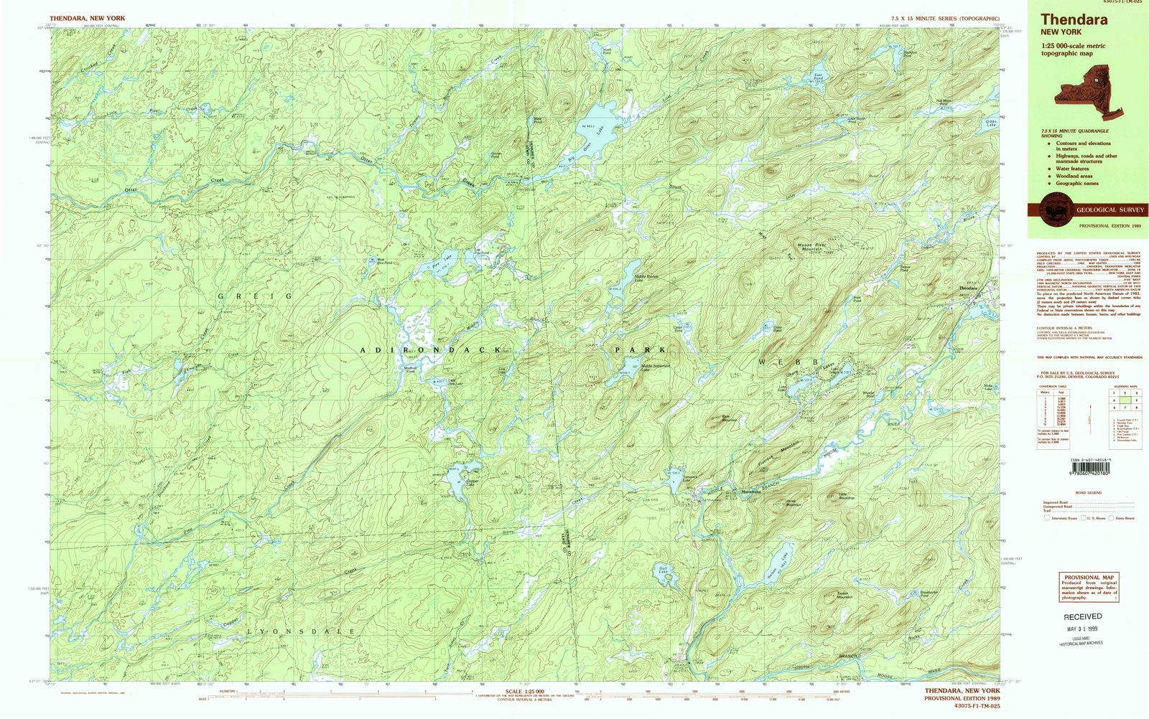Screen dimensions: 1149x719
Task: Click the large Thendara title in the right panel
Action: click(1074, 20)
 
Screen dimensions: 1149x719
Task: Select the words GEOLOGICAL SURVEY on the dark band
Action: click(1106, 210)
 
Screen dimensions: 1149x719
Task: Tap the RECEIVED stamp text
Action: click(1082, 616)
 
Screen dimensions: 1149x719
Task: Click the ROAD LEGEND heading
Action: click(1089, 492)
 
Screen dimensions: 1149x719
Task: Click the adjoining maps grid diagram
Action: click(1124, 399)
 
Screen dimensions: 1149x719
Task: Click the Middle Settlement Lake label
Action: click(655, 367)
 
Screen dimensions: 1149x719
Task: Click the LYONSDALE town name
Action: click(302, 631)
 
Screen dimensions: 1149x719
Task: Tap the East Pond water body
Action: click(819, 75)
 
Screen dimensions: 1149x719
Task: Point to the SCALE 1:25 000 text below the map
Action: click(524, 692)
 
